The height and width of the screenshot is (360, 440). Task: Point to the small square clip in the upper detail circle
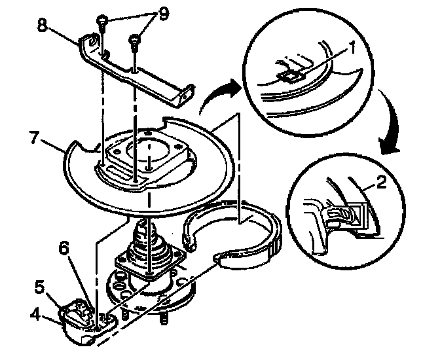(288, 76)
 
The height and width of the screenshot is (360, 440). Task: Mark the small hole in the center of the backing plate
(151, 158)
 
